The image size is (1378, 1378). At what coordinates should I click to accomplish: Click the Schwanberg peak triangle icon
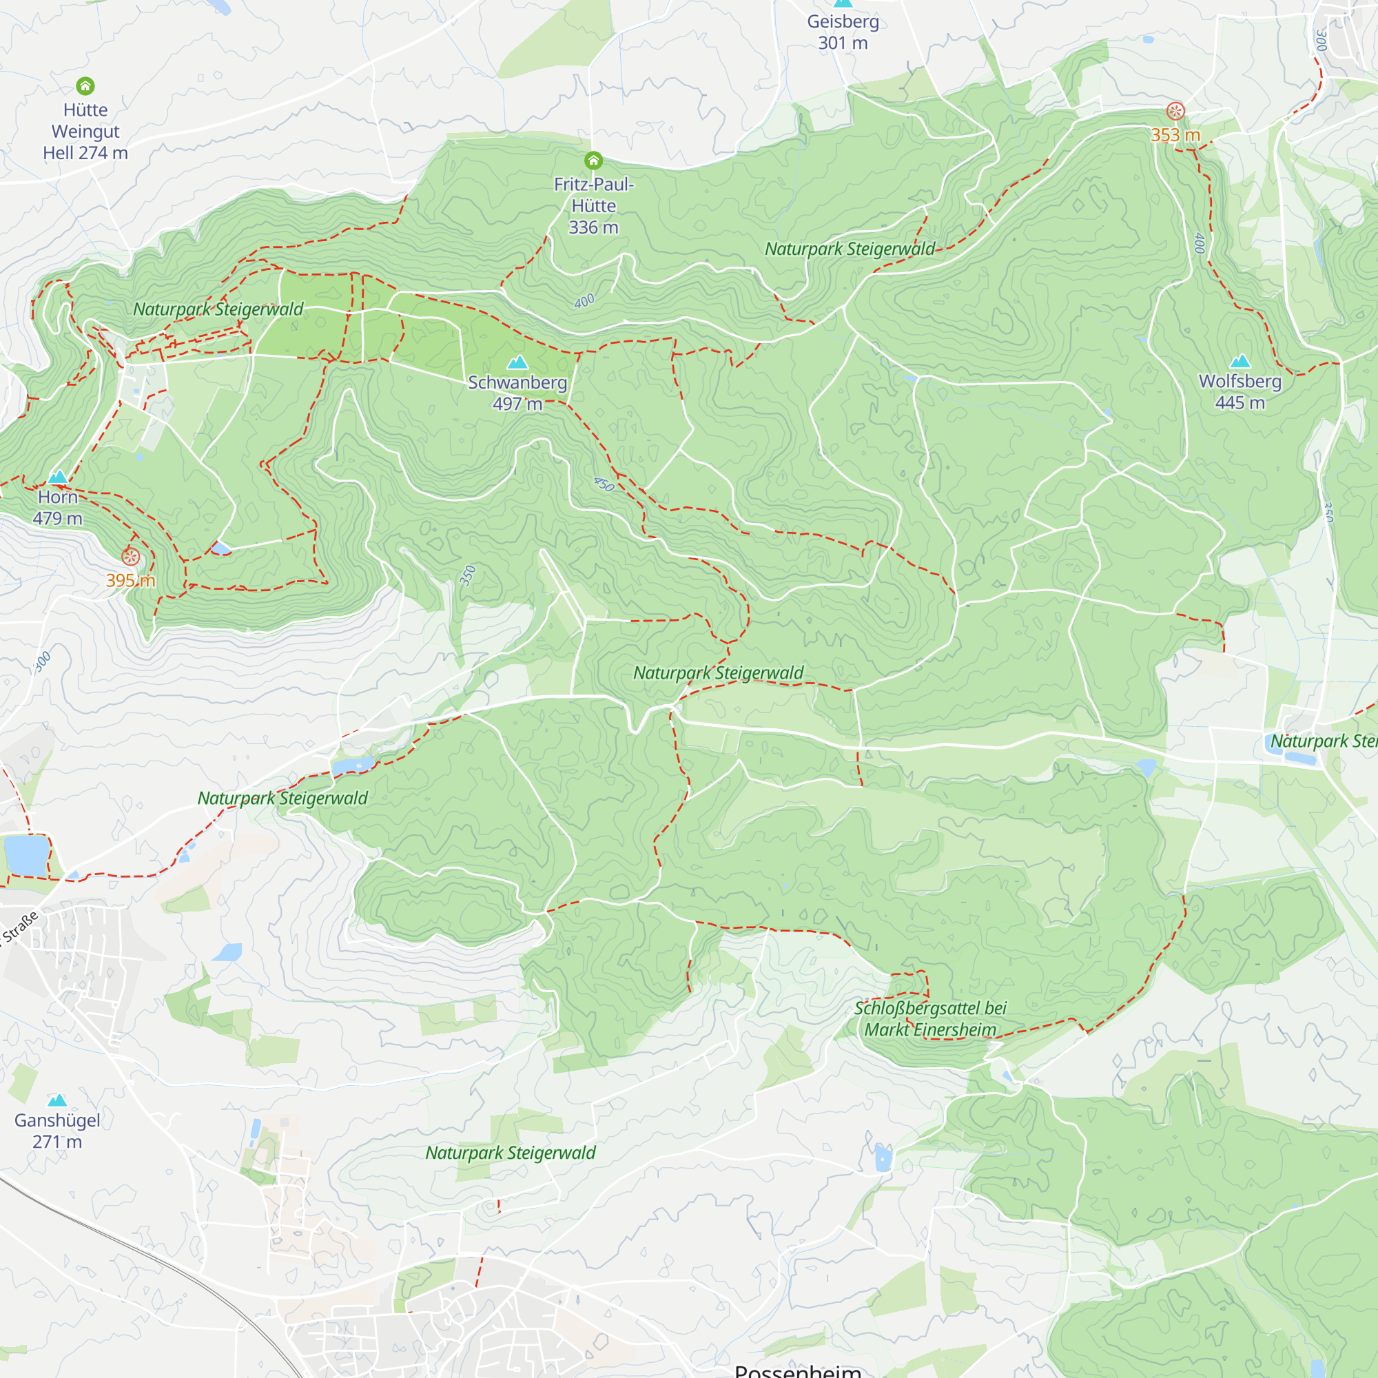517,362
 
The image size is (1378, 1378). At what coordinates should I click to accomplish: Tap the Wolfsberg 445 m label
1240,391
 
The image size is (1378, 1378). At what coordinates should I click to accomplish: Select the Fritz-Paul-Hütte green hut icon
593,160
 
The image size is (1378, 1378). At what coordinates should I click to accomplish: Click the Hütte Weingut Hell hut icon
85,86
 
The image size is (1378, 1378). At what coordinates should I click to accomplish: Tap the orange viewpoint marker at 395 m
130,556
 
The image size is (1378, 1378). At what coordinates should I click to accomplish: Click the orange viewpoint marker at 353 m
1175,111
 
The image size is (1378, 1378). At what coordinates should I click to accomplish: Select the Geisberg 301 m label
843,32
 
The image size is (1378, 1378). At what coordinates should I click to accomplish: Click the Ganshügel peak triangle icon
57,1100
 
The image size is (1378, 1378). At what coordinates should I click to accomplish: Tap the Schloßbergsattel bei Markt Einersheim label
930,1018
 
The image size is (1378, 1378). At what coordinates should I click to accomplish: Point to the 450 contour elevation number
604,484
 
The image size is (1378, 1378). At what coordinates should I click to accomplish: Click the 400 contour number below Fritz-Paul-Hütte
584,301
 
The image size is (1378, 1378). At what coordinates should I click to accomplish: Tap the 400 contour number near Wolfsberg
1199,243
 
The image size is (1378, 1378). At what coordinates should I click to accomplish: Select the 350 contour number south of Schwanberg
467,575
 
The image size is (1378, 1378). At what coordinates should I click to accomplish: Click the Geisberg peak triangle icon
843,3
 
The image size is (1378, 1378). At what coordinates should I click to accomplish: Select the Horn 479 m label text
58,507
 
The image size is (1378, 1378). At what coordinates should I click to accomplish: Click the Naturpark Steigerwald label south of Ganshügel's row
510,1153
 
